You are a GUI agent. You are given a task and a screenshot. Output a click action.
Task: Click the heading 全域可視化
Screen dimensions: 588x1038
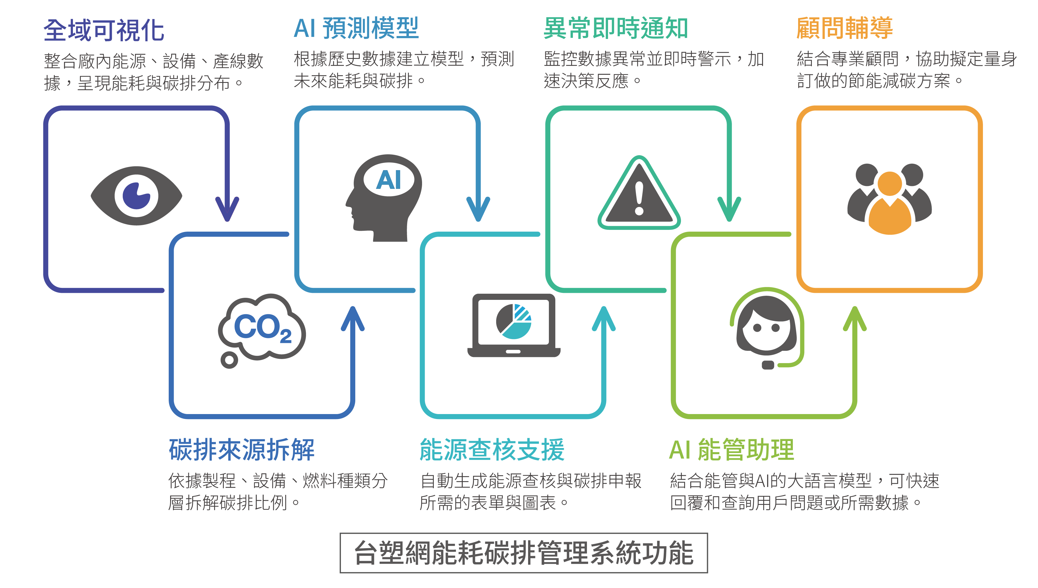[x=104, y=30]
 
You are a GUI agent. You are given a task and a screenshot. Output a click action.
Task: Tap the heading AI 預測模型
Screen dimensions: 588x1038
[x=356, y=29]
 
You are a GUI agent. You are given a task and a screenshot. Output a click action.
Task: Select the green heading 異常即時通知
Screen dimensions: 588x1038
[x=616, y=29]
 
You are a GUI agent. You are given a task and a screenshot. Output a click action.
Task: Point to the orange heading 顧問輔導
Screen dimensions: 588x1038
[x=844, y=29]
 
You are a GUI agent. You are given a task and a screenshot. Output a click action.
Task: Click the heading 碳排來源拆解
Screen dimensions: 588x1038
[x=242, y=449]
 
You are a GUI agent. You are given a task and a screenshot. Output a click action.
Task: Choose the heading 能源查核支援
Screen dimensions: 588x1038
[x=492, y=449]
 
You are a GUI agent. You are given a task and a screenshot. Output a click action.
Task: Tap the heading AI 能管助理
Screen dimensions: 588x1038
[x=731, y=449]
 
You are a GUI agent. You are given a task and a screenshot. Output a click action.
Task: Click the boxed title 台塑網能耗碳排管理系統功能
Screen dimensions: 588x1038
[x=523, y=553]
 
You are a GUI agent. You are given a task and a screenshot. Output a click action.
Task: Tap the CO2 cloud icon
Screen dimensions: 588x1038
[x=262, y=327]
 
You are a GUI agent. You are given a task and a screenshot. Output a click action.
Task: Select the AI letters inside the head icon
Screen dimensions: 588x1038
[x=389, y=180]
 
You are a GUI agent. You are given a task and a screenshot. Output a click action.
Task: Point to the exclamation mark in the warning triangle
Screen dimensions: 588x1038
[x=639, y=198]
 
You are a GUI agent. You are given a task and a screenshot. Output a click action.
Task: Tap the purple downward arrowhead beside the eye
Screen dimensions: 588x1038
[x=227, y=208]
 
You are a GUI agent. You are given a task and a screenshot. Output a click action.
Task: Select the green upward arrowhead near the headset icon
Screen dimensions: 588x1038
[x=855, y=319]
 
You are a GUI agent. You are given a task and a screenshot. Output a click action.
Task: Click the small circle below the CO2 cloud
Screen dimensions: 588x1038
[x=229, y=360]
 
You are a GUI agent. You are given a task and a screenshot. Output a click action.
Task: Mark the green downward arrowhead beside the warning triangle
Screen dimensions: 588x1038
[x=729, y=208]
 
